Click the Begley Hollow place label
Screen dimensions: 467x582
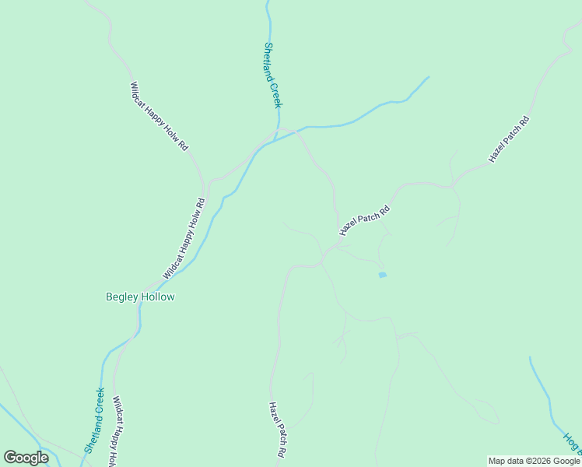[140, 297]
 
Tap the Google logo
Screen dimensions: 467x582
[26, 458]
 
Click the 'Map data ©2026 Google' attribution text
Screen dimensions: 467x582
[534, 461]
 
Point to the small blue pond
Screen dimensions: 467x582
[381, 275]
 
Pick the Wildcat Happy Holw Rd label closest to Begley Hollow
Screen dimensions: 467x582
[184, 239]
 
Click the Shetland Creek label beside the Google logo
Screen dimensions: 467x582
[93, 420]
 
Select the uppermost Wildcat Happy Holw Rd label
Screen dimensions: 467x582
[159, 116]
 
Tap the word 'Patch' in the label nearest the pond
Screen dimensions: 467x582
[365, 219]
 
